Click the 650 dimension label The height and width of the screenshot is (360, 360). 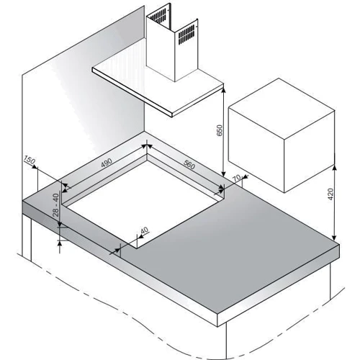pyautogui.click(x=220, y=130)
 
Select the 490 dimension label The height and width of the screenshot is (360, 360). pyautogui.click(x=107, y=163)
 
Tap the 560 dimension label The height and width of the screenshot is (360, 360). pyautogui.click(x=189, y=164)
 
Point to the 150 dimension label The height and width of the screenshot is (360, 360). pyautogui.click(x=30, y=160)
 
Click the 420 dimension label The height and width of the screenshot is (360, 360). pyautogui.click(x=330, y=194)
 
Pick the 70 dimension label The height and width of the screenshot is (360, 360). pyautogui.click(x=236, y=178)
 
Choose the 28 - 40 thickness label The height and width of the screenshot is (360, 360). pyautogui.click(x=55, y=205)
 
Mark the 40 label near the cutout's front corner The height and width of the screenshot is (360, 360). pyautogui.click(x=145, y=230)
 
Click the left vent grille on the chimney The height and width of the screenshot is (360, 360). pyautogui.click(x=158, y=17)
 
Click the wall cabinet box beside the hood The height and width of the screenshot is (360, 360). pyautogui.click(x=282, y=135)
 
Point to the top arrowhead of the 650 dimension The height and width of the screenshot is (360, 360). pyautogui.click(x=223, y=90)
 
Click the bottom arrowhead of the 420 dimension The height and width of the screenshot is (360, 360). pyautogui.click(x=334, y=238)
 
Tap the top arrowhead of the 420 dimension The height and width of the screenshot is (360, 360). pyautogui.click(x=334, y=168)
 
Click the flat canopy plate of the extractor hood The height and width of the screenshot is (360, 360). pyautogui.click(x=158, y=90)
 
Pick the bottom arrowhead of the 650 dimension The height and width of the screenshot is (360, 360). pyautogui.click(x=223, y=174)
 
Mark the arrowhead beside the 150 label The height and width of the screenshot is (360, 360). pyautogui.click(x=35, y=167)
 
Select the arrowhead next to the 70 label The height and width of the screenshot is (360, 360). pyautogui.click(x=245, y=177)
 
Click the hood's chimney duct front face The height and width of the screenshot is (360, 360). pyautogui.click(x=161, y=50)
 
